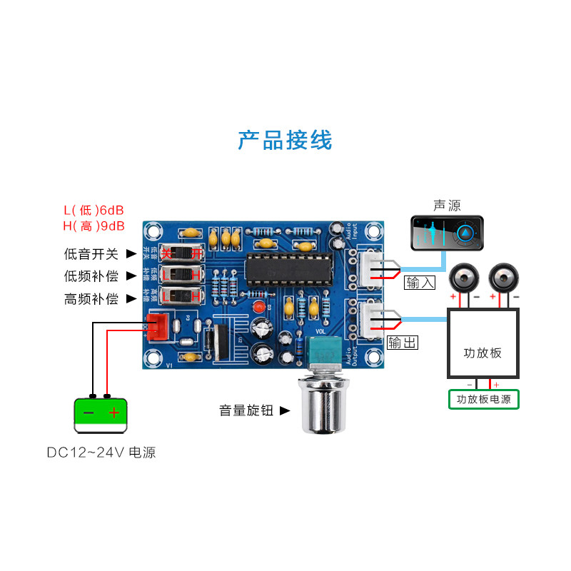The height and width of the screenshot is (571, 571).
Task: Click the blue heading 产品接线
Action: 285,140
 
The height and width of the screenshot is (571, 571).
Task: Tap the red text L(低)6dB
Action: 94,211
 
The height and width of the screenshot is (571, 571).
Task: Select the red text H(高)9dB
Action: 94,226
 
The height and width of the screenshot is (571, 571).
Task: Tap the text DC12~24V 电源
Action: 101,452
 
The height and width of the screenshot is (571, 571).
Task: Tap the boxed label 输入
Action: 420,282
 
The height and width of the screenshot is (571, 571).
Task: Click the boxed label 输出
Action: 403,343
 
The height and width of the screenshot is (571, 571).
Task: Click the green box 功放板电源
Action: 483,400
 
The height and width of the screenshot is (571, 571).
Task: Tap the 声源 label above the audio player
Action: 447,206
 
